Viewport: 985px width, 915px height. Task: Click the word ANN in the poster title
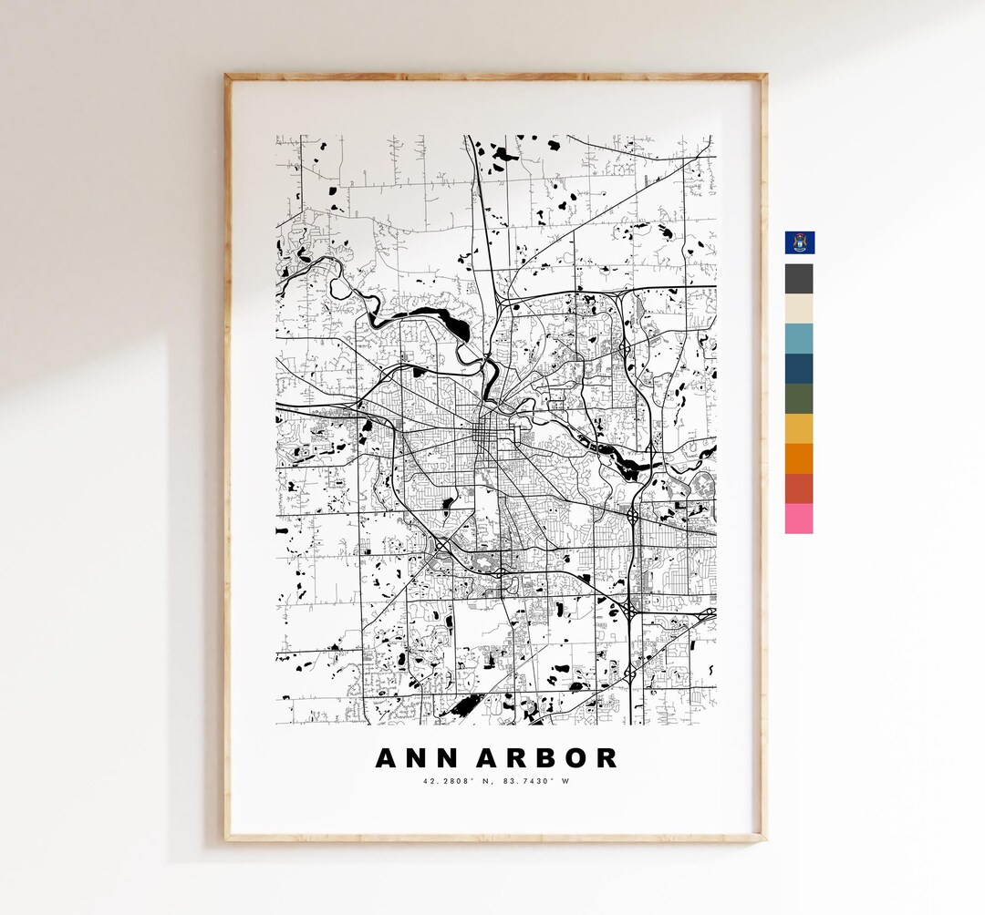point(410,758)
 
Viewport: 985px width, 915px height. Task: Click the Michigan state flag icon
point(800,242)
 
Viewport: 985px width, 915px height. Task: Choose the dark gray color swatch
point(799,278)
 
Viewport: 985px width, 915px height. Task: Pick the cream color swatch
point(799,308)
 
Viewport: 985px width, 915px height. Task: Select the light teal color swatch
point(799,338)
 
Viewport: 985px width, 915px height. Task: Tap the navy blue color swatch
point(799,368)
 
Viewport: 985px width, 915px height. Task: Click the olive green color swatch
point(799,398)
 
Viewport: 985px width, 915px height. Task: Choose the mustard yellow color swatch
point(799,428)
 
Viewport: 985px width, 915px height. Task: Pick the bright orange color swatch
point(799,458)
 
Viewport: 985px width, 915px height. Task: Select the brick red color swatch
point(799,488)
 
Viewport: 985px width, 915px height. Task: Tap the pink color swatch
point(799,519)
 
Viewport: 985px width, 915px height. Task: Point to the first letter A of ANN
point(386,758)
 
